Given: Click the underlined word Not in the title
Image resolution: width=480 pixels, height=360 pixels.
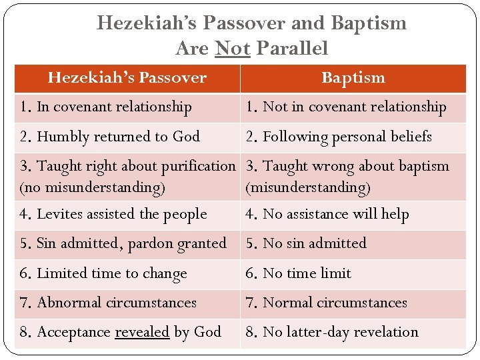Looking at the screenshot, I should pyautogui.click(x=233, y=49).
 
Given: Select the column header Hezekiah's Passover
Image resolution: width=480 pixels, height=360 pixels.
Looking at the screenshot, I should pyautogui.click(x=127, y=78).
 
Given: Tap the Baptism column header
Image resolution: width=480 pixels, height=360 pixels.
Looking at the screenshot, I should pyautogui.click(x=353, y=78).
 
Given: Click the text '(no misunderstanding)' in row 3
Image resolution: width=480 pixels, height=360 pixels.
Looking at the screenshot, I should pyautogui.click(x=93, y=188).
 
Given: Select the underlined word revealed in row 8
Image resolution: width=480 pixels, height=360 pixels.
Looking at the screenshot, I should pyautogui.click(x=142, y=332).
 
